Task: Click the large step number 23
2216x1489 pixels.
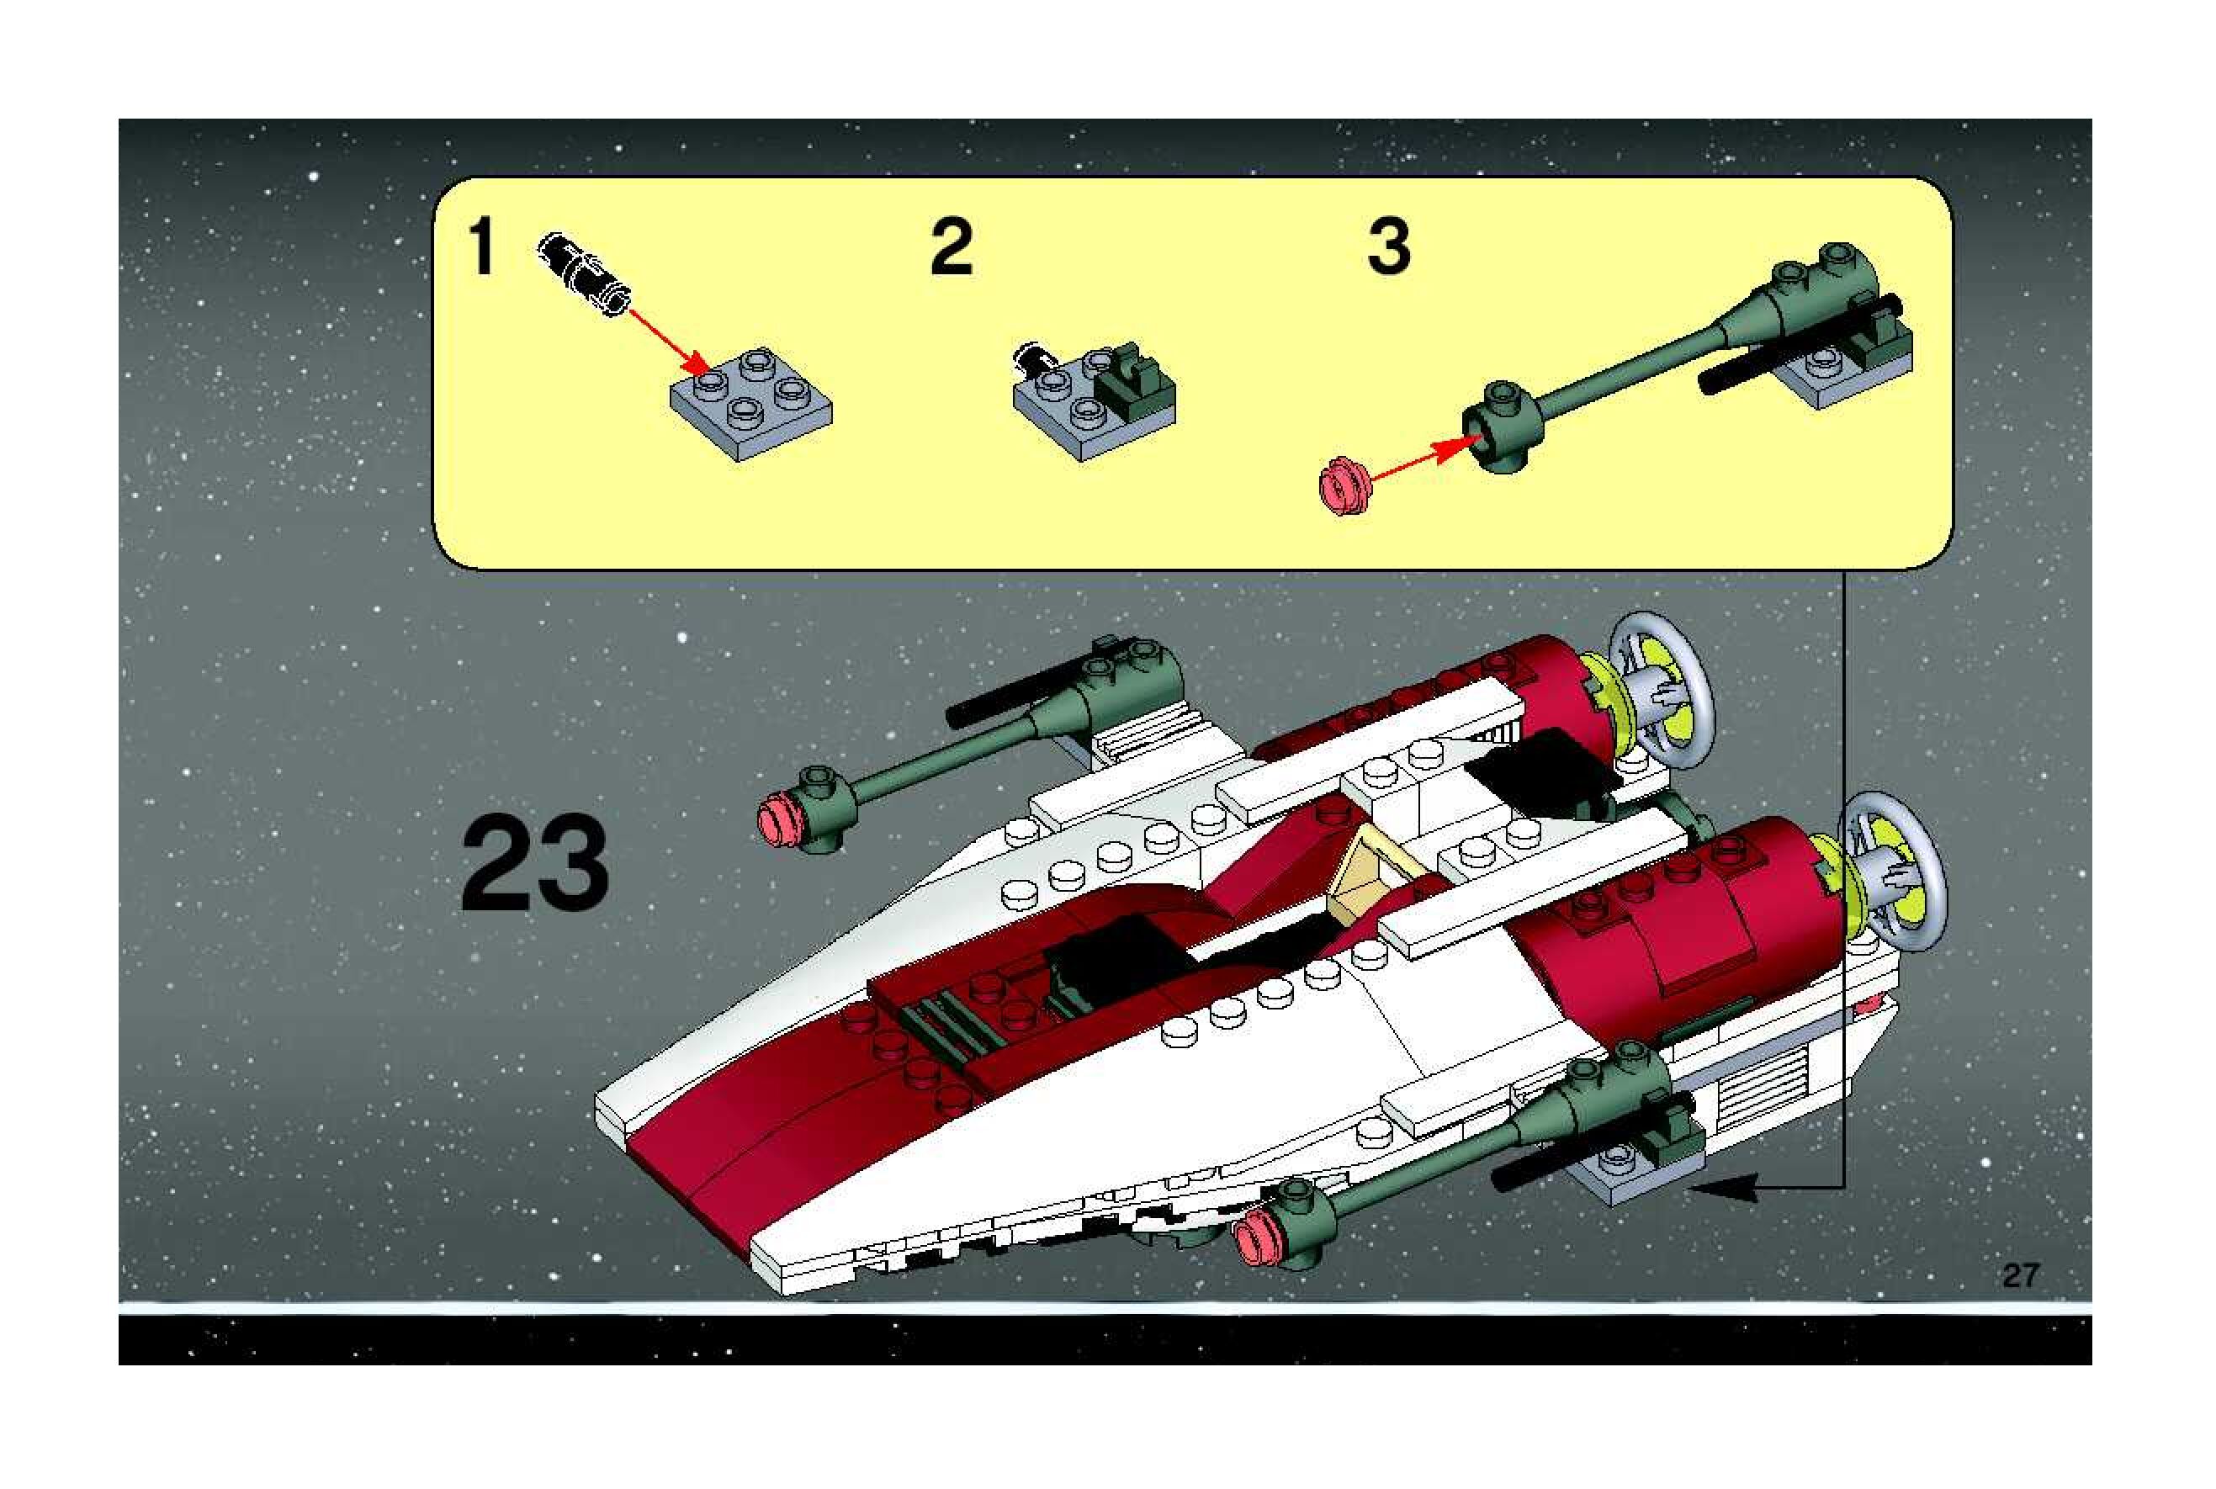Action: pos(533,863)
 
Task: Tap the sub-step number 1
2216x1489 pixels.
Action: pos(482,246)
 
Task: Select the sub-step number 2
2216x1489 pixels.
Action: pos(952,246)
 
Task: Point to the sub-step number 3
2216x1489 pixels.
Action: pos(1388,246)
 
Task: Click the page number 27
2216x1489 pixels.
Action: pos(2021,1274)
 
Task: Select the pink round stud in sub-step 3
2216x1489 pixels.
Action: pos(1340,485)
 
